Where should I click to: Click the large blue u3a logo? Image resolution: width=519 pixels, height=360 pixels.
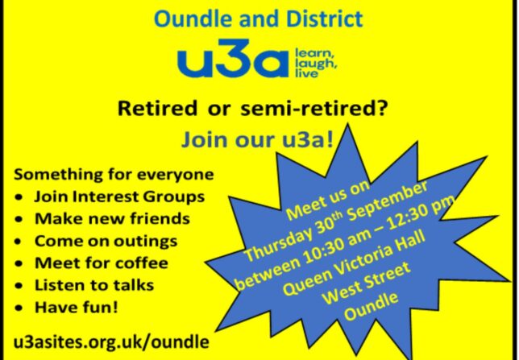click(x=233, y=59)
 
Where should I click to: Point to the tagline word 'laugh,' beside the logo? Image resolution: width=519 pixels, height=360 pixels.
click(x=316, y=64)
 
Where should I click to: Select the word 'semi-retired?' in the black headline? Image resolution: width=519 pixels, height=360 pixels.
click(x=313, y=109)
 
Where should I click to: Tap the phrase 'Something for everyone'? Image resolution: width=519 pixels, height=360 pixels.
click(x=114, y=175)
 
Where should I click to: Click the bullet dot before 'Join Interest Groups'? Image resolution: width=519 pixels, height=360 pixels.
click(x=19, y=198)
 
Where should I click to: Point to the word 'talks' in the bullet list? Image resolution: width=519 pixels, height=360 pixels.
click(x=134, y=285)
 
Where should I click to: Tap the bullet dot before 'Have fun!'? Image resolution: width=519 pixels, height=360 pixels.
click(x=19, y=308)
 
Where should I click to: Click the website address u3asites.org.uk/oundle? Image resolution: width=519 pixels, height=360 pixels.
click(x=111, y=342)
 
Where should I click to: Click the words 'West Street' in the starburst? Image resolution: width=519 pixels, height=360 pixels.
click(x=367, y=283)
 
